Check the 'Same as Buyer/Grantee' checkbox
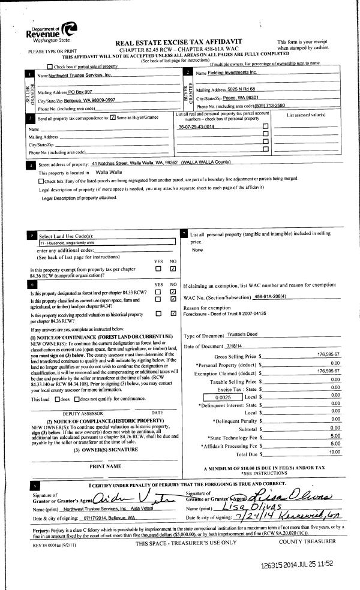[x=113, y=119]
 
